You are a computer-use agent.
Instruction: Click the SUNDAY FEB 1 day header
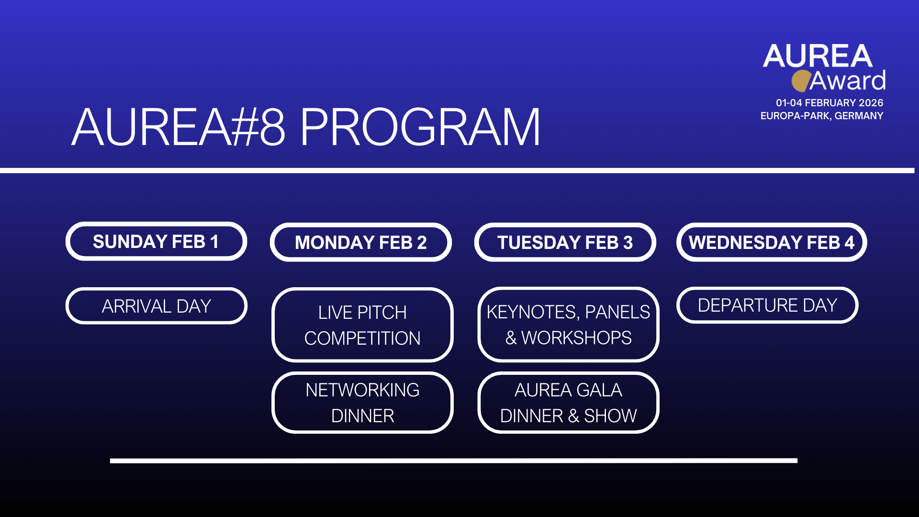coord(156,242)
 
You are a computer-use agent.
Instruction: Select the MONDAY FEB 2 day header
coord(361,242)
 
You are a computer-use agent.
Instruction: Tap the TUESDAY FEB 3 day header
coord(565,242)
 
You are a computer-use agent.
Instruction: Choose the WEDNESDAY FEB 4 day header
coord(772,242)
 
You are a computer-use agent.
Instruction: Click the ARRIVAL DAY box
coord(157,306)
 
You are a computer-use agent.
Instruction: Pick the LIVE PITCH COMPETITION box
coord(362,325)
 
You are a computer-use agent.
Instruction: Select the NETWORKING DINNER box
coord(362,403)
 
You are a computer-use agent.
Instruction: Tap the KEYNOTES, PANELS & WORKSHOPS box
coord(568,325)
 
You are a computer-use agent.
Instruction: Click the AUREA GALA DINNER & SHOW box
coord(568,403)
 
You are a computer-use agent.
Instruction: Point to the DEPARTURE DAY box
coord(767,305)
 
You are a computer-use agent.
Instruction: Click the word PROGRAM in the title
coord(420,127)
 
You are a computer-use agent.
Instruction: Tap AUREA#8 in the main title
coord(179,127)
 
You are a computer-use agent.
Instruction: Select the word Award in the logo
coord(847,80)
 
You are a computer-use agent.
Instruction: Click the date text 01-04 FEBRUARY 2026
coord(829,103)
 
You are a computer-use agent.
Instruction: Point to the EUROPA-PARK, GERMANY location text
coord(822,116)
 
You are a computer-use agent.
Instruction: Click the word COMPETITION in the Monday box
coord(362,338)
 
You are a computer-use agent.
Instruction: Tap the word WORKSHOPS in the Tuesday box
coord(576,338)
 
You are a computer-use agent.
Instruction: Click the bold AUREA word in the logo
coord(818,56)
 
